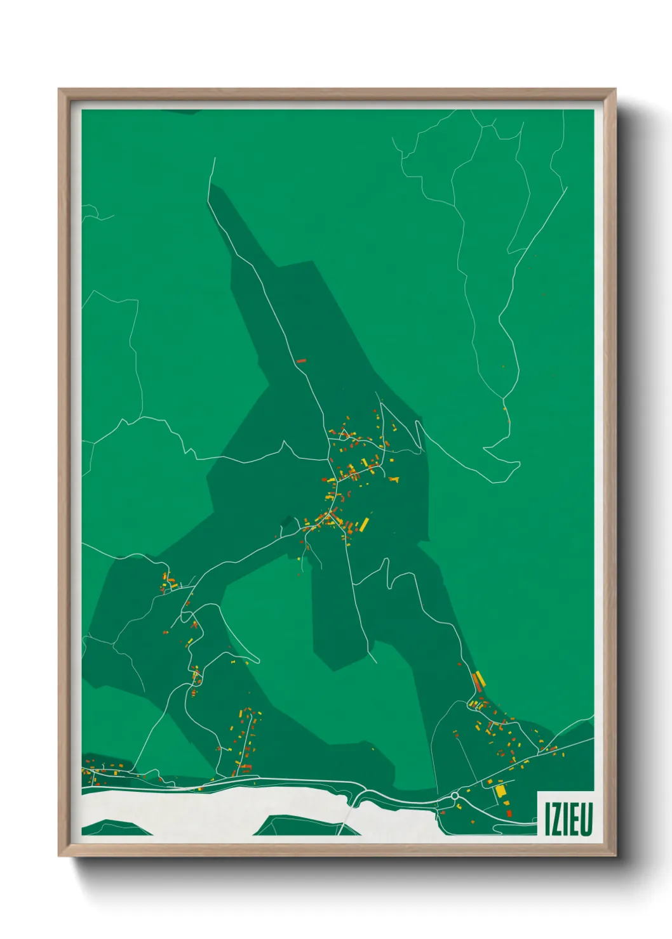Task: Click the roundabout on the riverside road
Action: [455, 795]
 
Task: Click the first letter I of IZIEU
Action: [546, 819]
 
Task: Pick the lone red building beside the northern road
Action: [302, 361]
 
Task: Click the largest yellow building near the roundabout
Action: [500, 791]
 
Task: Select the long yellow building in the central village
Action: [365, 524]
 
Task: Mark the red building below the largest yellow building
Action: [508, 813]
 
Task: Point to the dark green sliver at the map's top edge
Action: [182, 112]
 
